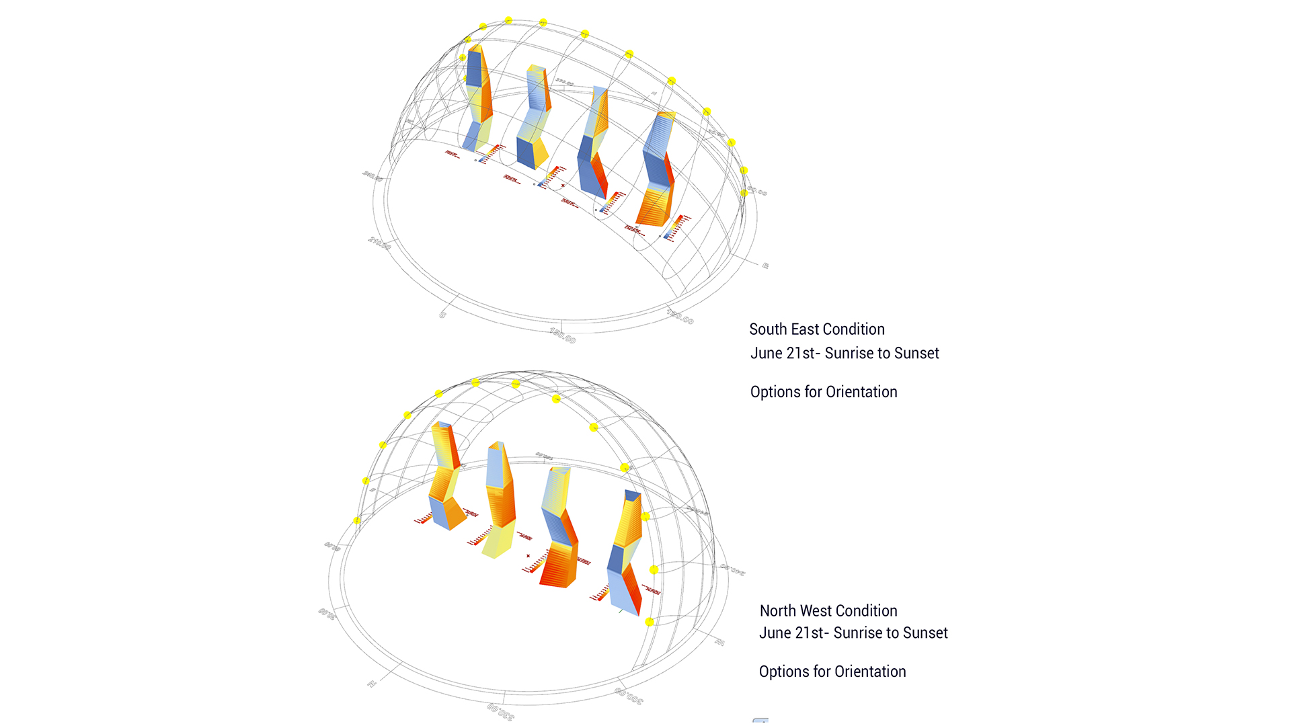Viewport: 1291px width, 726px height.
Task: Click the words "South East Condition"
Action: pyautogui.click(x=816, y=329)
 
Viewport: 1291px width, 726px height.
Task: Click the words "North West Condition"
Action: pyautogui.click(x=828, y=611)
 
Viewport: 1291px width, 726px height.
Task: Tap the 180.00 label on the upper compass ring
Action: pyautogui.click(x=562, y=335)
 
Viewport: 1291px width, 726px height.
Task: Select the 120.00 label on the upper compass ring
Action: pyautogui.click(x=680, y=316)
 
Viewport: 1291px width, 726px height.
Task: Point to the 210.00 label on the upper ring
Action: pyautogui.click(x=379, y=243)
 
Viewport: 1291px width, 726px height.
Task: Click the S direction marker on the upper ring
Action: pyautogui.click(x=442, y=314)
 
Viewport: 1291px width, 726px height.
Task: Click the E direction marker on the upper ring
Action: pyautogui.click(x=765, y=266)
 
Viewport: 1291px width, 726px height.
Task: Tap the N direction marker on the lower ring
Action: pyautogui.click(x=371, y=684)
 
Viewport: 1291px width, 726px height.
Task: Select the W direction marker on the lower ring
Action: pyautogui.click(x=719, y=643)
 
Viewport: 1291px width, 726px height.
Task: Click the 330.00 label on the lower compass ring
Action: pyautogui.click(x=500, y=711)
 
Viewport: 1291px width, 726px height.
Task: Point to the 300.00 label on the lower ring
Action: pyautogui.click(x=629, y=696)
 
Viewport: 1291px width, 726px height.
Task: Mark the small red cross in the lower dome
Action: pyautogui.click(x=529, y=556)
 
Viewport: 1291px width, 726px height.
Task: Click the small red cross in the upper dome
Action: pyautogui.click(x=563, y=186)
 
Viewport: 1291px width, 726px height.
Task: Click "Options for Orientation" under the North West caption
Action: pyautogui.click(x=832, y=672)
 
